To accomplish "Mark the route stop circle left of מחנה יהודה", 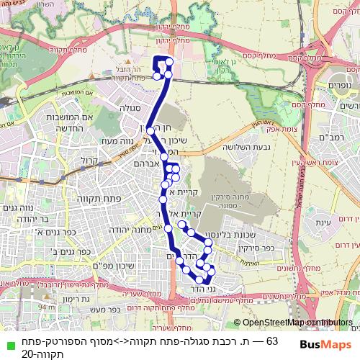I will (168, 228).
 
